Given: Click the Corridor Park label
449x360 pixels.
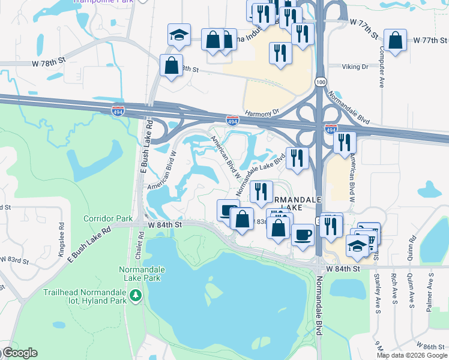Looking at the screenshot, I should coord(103,218).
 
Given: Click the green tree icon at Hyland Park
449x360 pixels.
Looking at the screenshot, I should coord(136,295).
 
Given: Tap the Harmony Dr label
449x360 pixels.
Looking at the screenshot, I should coord(262,112).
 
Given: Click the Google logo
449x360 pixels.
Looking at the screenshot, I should coord(19,353).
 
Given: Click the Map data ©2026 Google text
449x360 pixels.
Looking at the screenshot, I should coord(412,355).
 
